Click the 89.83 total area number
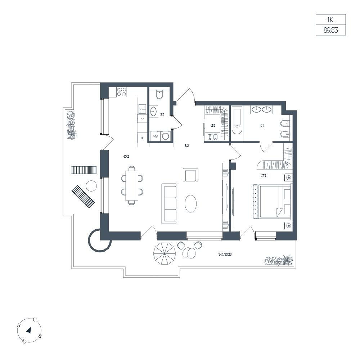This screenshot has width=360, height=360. coord(330,30)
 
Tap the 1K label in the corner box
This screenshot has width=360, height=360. coord(330,20)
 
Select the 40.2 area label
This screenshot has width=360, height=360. coord(126,157)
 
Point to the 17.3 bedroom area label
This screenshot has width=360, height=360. coord(264,176)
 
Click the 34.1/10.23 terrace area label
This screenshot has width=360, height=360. coord(225,255)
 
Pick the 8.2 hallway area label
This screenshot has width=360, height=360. coord(186,145)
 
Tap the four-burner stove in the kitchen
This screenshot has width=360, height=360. coord(121,92)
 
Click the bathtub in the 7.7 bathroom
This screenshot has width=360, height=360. coord(237,121)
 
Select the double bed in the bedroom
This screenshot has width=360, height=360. coord(272,201)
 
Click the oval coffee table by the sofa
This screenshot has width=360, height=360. coord(190,204)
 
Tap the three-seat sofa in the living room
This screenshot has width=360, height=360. coord(169,204)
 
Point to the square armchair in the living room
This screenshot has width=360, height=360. coord(190,175)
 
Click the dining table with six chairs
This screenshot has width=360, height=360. coord(132,185)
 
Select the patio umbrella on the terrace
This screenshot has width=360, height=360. coord(165,253)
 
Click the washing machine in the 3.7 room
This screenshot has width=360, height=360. coord(166,136)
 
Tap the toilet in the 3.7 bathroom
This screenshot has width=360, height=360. coord(159,95)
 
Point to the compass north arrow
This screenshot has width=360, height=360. coord(29,330)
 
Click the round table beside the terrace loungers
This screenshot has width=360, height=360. coord(91,186)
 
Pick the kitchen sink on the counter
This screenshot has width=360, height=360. coord(142,109)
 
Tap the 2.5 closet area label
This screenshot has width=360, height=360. coord(213,126)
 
